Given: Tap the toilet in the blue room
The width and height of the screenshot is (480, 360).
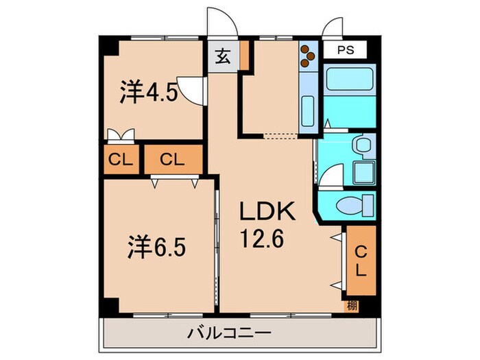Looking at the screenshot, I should (x=355, y=204).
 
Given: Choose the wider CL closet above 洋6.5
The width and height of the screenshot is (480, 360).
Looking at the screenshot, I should (x=173, y=160).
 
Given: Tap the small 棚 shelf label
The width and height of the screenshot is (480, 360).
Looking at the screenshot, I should (x=350, y=304).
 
